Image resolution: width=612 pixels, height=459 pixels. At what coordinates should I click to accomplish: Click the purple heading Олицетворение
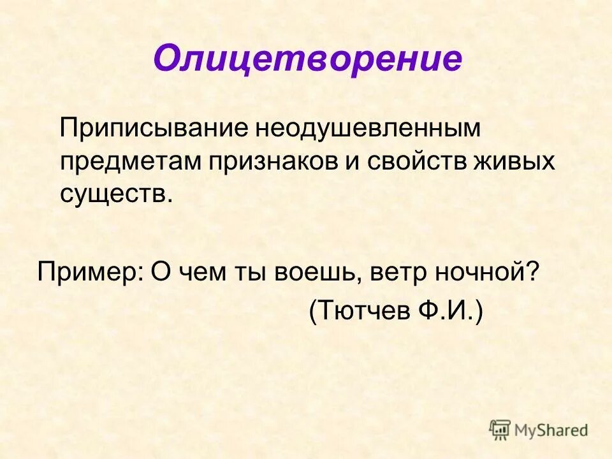[307, 59]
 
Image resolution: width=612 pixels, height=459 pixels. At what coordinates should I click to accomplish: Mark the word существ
[116, 193]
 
